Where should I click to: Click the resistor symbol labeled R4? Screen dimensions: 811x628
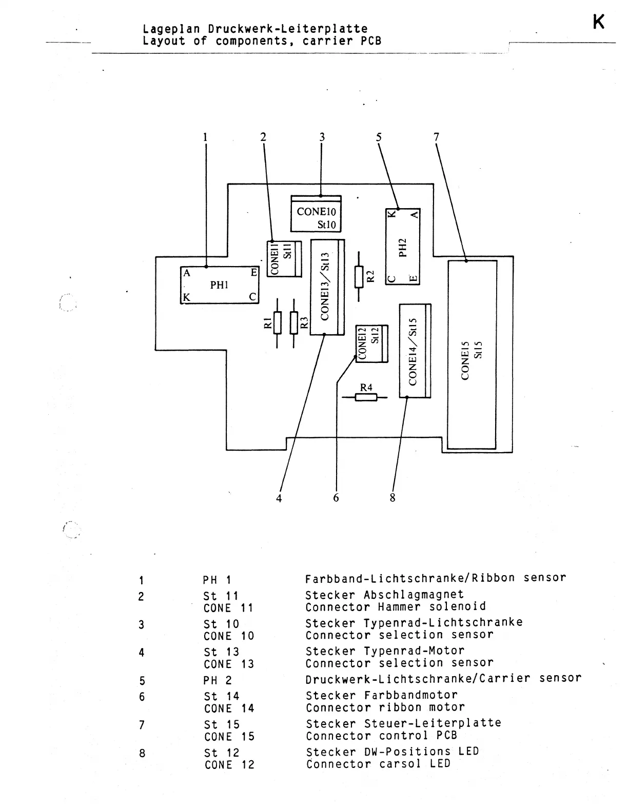366,396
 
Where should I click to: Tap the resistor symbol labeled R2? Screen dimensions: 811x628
359,277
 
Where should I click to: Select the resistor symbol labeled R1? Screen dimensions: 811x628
277,322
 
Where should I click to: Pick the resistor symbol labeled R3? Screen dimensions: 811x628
294,322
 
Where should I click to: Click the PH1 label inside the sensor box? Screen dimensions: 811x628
219,285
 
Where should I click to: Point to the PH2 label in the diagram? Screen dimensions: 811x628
403,247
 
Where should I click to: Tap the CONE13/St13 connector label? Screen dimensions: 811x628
325,287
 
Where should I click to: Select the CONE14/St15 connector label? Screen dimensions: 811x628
413,352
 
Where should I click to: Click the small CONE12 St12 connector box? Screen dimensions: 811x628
371,343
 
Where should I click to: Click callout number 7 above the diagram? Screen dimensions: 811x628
436,137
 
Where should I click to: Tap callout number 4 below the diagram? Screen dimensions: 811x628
279,498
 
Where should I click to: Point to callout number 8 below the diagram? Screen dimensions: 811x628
392,498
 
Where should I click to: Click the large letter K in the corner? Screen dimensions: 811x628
598,22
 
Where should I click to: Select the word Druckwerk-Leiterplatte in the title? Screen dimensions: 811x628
288,29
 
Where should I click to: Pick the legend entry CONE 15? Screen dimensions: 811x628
229,737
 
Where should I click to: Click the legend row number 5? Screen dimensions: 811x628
142,681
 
